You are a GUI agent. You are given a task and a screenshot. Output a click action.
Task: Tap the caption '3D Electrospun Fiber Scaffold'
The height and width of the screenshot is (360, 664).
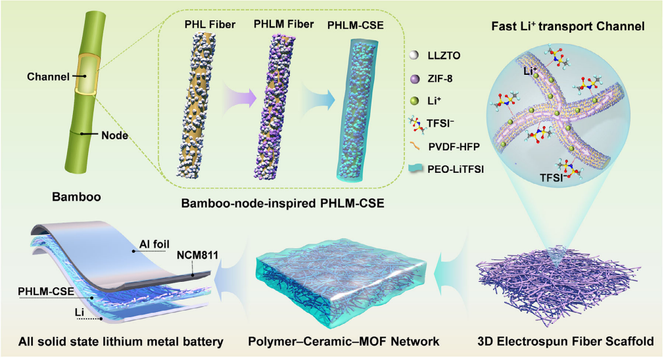click(x=565, y=342)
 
